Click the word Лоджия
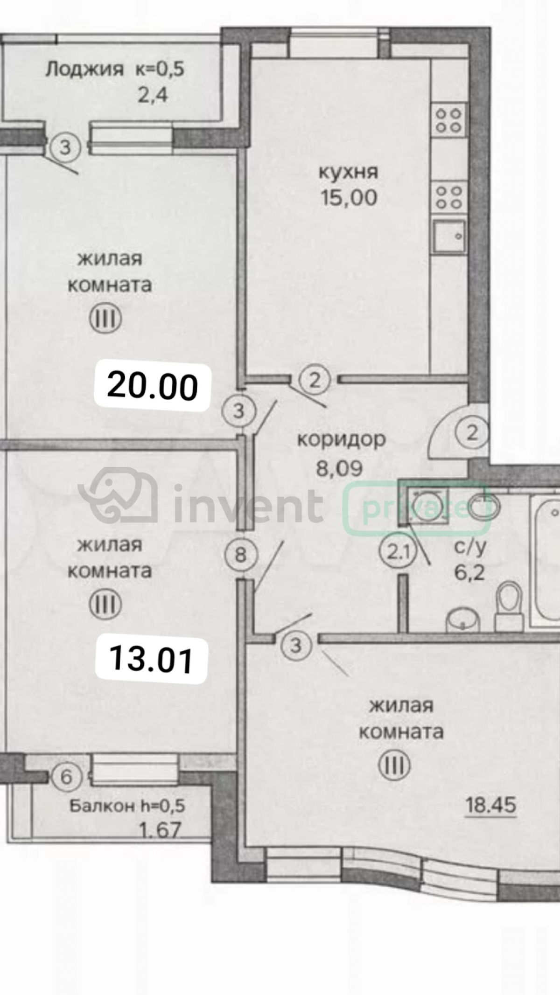[x=84, y=70]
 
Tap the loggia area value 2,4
[x=153, y=96]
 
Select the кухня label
[x=348, y=173]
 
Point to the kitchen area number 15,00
[x=349, y=198]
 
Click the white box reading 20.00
[x=152, y=386]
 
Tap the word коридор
[x=342, y=440]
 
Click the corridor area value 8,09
[x=339, y=468]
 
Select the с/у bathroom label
[x=470, y=547]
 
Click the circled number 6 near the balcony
[x=67, y=777]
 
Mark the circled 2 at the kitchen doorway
[x=315, y=381]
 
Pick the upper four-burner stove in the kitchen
[x=448, y=120]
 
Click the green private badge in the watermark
[x=417, y=508]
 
